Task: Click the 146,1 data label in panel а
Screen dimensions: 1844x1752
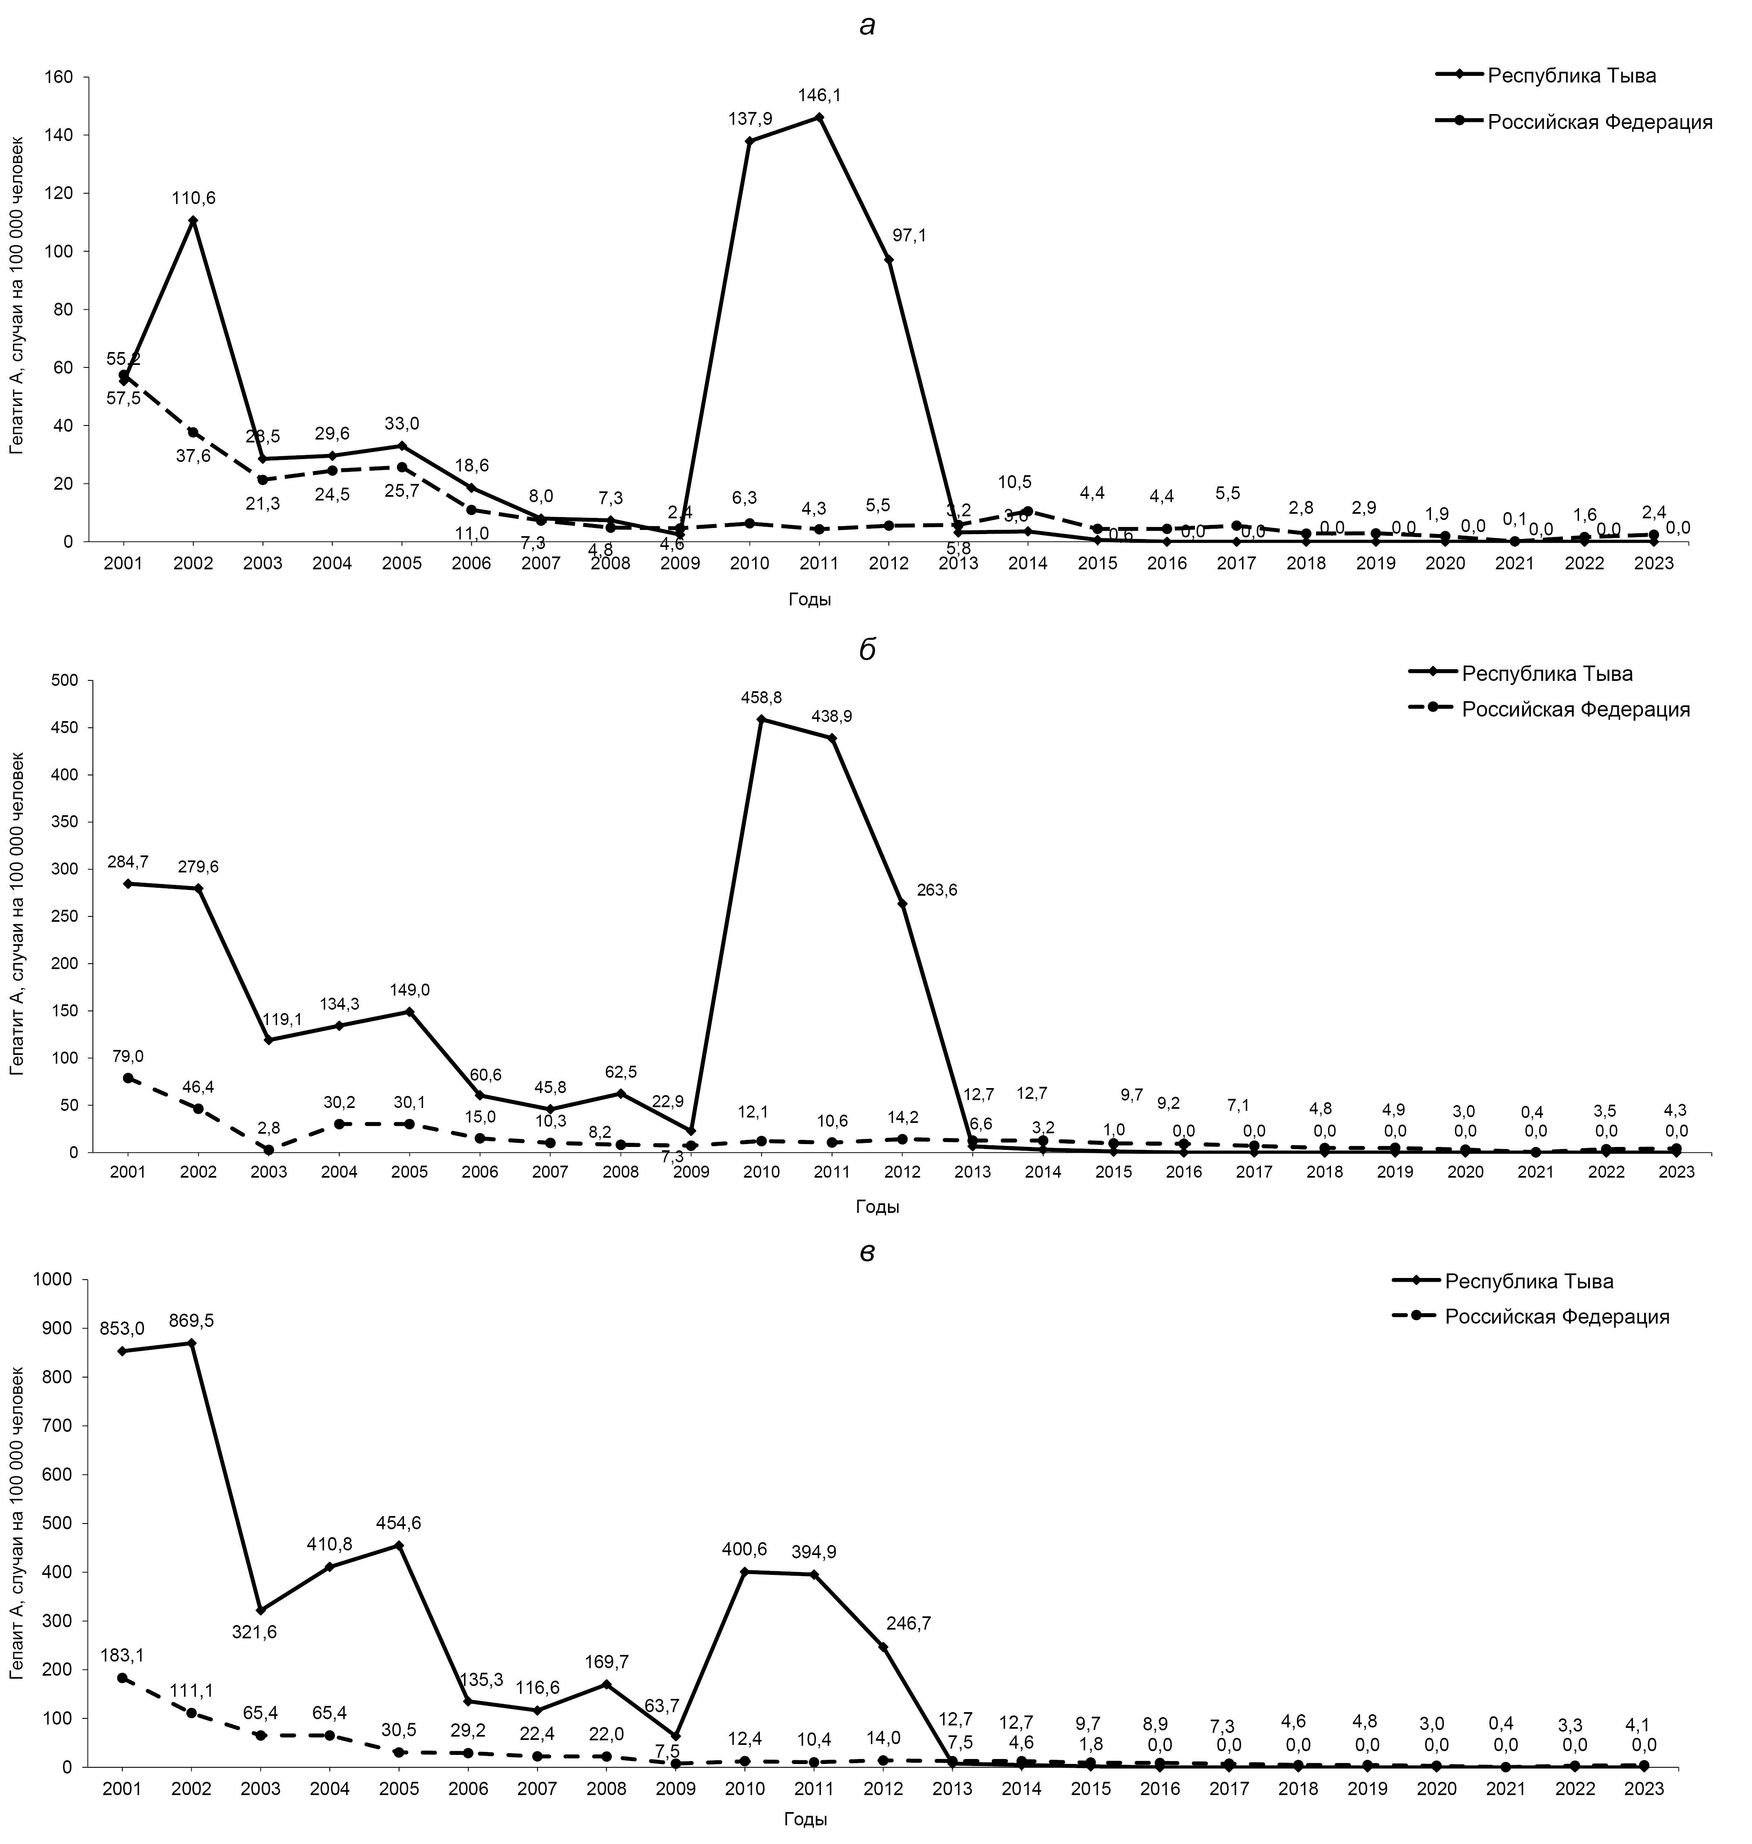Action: (819, 95)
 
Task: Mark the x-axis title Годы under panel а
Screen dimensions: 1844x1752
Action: (810, 600)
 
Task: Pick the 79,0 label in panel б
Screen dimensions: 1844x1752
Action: (128, 1056)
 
